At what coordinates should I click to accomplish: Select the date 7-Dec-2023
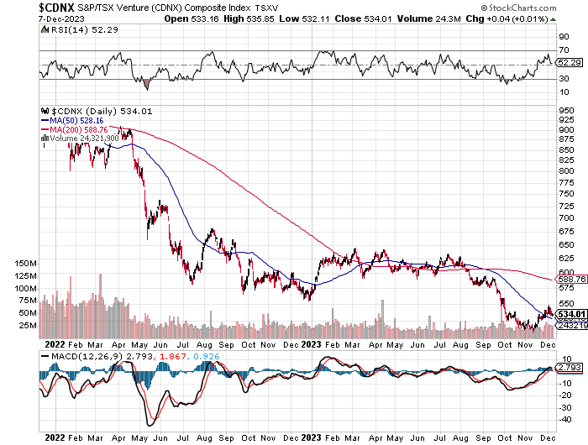[24, 18]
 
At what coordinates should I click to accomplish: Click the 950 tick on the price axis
[566, 110]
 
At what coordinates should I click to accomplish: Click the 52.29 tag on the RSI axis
[570, 62]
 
